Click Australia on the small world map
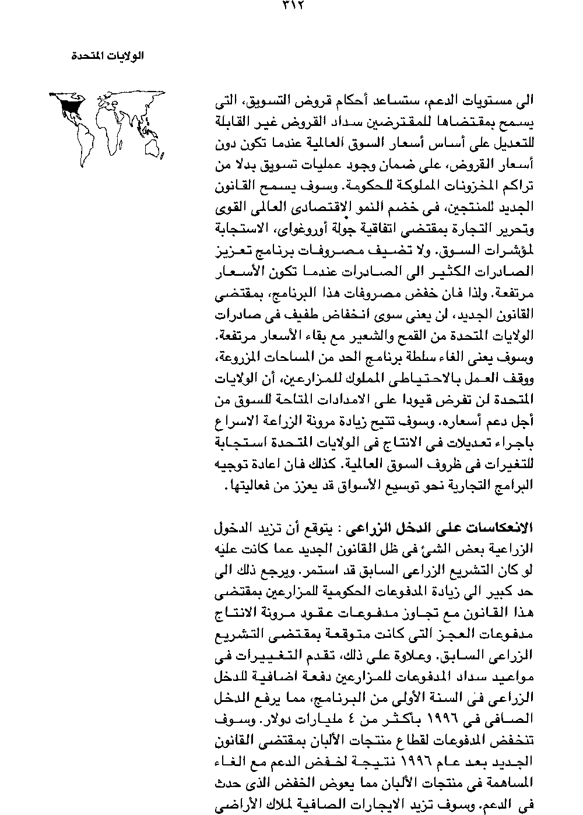pos(153,148)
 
